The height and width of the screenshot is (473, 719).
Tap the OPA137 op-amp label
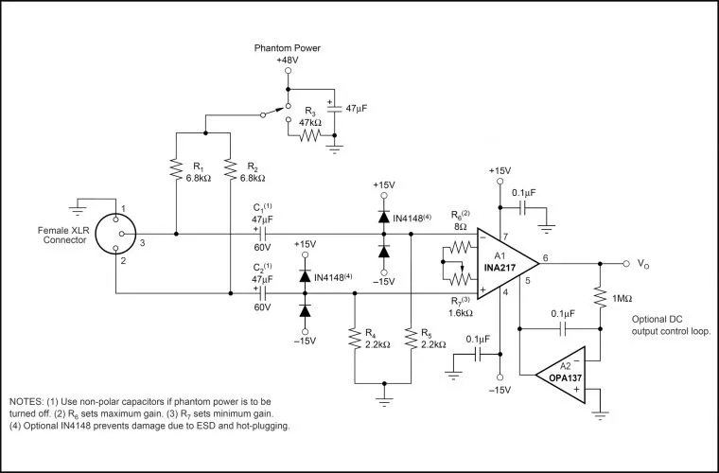coord(565,378)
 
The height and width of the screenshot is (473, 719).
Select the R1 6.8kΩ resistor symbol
coord(176,169)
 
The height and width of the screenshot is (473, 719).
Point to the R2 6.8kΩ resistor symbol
coord(230,169)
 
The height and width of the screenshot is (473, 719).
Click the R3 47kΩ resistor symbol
coord(309,135)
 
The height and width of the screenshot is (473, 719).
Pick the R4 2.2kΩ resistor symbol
coord(354,339)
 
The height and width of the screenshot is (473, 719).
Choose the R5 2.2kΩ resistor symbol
coord(411,339)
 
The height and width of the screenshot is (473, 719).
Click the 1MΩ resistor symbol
coord(600,298)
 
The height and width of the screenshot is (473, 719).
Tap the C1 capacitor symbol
coord(263,234)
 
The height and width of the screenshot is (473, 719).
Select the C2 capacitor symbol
coord(263,293)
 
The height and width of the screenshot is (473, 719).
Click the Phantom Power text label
coord(288,48)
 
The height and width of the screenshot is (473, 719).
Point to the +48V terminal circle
coord(288,71)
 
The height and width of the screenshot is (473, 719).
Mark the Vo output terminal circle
coord(626,264)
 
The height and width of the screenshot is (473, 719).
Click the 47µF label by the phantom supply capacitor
coord(357,109)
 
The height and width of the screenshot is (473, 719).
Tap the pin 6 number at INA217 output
coord(545,258)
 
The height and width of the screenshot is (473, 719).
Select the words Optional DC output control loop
coord(672,325)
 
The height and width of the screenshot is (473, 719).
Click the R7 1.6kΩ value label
coord(461,313)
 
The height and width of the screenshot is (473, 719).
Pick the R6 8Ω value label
coord(460,226)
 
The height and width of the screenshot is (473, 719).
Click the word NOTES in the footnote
coord(26,402)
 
